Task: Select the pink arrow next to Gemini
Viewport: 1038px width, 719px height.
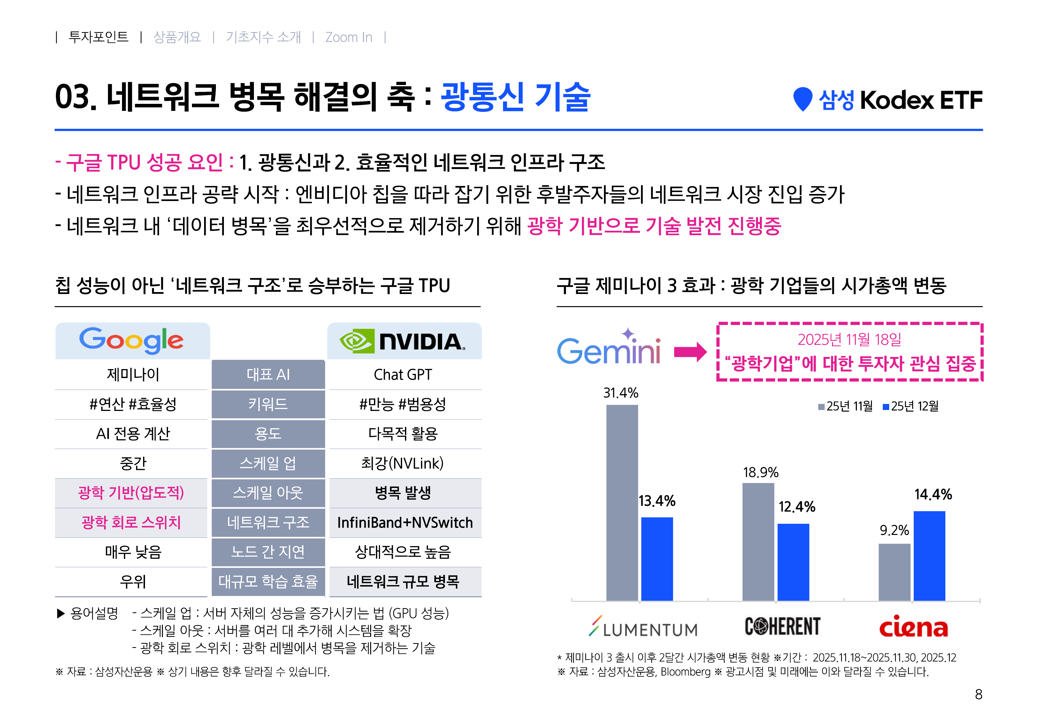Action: click(x=690, y=352)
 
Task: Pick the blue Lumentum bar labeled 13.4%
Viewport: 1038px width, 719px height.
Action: click(x=657, y=559)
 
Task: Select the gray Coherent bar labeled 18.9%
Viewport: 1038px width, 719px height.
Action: click(x=758, y=542)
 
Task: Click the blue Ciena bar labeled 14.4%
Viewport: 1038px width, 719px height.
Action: click(x=929, y=555)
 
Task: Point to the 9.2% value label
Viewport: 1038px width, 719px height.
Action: click(x=894, y=530)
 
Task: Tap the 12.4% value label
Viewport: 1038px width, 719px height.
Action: click(x=797, y=507)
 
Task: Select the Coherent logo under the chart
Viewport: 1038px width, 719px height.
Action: click(x=782, y=627)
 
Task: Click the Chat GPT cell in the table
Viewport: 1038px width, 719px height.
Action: click(x=403, y=375)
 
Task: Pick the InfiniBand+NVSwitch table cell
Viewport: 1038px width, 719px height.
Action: click(x=405, y=522)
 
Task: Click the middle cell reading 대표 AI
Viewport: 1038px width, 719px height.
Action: click(x=268, y=375)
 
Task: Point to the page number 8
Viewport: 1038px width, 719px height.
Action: click(x=978, y=694)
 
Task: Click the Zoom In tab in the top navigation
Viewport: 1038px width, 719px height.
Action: click(x=348, y=37)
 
